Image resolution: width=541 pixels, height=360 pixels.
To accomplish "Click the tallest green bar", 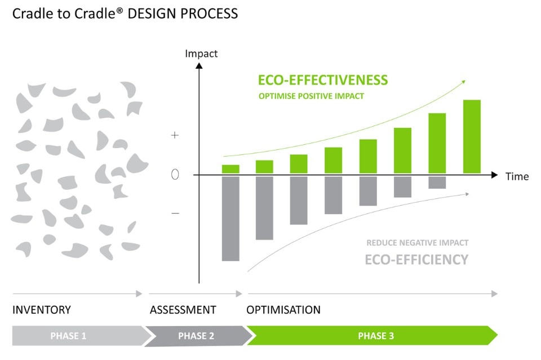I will (472, 136).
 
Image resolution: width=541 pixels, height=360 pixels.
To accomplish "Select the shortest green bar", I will (230, 169).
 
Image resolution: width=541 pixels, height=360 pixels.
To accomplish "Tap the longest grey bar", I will (230, 218).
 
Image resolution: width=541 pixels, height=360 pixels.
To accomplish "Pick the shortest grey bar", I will (437, 183).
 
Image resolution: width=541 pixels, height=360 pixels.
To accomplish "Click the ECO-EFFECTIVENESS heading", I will (323, 80).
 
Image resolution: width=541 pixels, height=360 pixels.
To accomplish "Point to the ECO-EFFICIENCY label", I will (416, 260).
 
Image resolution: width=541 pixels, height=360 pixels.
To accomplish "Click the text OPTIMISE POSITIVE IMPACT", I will (311, 96).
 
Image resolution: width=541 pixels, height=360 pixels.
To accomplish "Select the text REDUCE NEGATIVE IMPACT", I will (417, 243).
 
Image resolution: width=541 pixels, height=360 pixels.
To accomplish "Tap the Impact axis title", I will (201, 54).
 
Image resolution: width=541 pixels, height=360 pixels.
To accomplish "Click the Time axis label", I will (517, 177).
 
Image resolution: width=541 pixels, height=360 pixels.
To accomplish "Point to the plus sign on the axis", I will (175, 136).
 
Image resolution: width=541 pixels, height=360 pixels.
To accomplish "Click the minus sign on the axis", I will (175, 213).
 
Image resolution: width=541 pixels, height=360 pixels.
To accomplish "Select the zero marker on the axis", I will (175, 175).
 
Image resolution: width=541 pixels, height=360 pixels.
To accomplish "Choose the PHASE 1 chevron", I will (69, 336).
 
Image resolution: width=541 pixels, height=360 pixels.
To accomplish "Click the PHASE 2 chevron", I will (196, 336).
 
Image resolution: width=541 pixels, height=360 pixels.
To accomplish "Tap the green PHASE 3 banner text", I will (376, 336).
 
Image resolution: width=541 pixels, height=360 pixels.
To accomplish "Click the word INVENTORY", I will (42, 310).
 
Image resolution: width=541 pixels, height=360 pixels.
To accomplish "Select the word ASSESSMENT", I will (183, 310).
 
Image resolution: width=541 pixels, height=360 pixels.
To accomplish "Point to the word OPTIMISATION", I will (283, 310).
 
